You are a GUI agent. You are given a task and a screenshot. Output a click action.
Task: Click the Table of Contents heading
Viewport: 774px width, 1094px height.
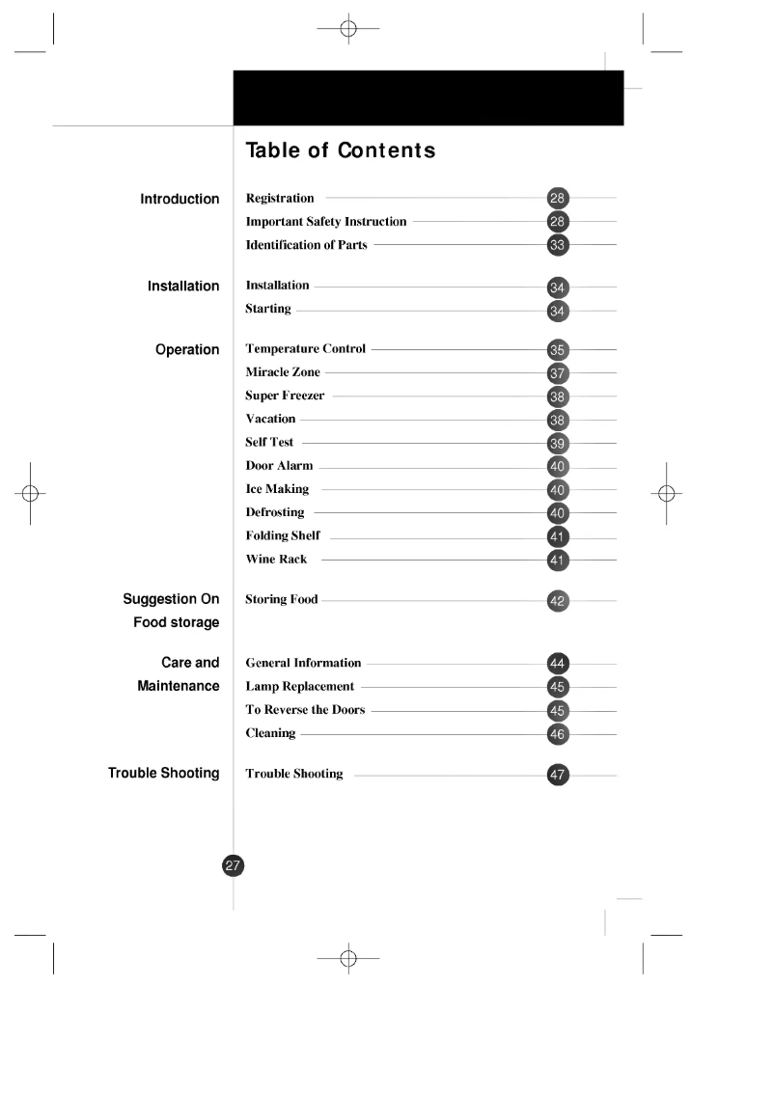(340, 150)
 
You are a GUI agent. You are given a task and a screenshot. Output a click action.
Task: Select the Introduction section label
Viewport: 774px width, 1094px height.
(180, 199)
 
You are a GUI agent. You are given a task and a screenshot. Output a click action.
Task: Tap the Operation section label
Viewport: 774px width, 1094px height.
(187, 349)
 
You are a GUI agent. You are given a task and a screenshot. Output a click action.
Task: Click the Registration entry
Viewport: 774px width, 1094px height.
(280, 198)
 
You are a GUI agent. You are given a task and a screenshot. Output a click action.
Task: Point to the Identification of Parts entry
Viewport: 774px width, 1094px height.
(306, 245)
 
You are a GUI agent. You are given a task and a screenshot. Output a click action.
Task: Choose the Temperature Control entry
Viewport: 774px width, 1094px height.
(305, 348)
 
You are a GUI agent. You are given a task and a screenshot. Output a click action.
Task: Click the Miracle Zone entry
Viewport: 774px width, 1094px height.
(283, 372)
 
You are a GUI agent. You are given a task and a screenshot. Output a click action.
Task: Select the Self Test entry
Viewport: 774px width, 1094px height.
(269, 442)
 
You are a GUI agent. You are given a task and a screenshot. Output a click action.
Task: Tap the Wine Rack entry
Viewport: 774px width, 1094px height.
(276, 560)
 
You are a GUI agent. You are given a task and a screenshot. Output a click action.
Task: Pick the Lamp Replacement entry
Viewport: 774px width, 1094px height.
(299, 686)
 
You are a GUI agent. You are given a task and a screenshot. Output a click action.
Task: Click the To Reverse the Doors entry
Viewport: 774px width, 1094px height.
(305, 710)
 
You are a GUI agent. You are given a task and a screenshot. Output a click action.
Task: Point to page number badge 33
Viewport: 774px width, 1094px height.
(558, 245)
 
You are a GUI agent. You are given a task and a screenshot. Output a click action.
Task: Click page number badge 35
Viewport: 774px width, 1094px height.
(558, 349)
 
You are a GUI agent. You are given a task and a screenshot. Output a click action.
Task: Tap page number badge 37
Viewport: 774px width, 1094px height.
(558, 372)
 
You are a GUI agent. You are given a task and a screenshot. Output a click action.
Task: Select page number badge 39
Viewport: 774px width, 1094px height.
(558, 443)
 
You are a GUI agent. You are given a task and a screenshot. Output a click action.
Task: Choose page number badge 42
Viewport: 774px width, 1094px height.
(558, 601)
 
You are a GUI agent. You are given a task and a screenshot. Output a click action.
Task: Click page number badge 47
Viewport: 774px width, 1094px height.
(558, 774)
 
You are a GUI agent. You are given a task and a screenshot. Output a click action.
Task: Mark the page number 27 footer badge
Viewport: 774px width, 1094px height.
(234, 865)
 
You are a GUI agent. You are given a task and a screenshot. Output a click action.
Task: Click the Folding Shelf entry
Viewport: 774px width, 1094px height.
(283, 535)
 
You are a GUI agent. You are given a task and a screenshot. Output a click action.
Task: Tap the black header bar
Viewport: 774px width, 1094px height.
(428, 97)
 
